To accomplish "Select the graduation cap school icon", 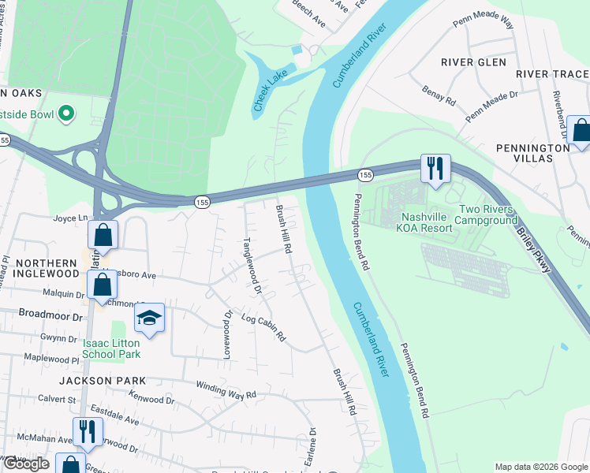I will click(148, 318).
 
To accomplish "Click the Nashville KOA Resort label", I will click(427, 222).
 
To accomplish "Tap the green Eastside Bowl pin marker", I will click(66, 114).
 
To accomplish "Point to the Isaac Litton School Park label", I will click(110, 348).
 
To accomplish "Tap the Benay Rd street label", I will click(439, 96).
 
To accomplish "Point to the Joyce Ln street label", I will click(70, 218).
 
